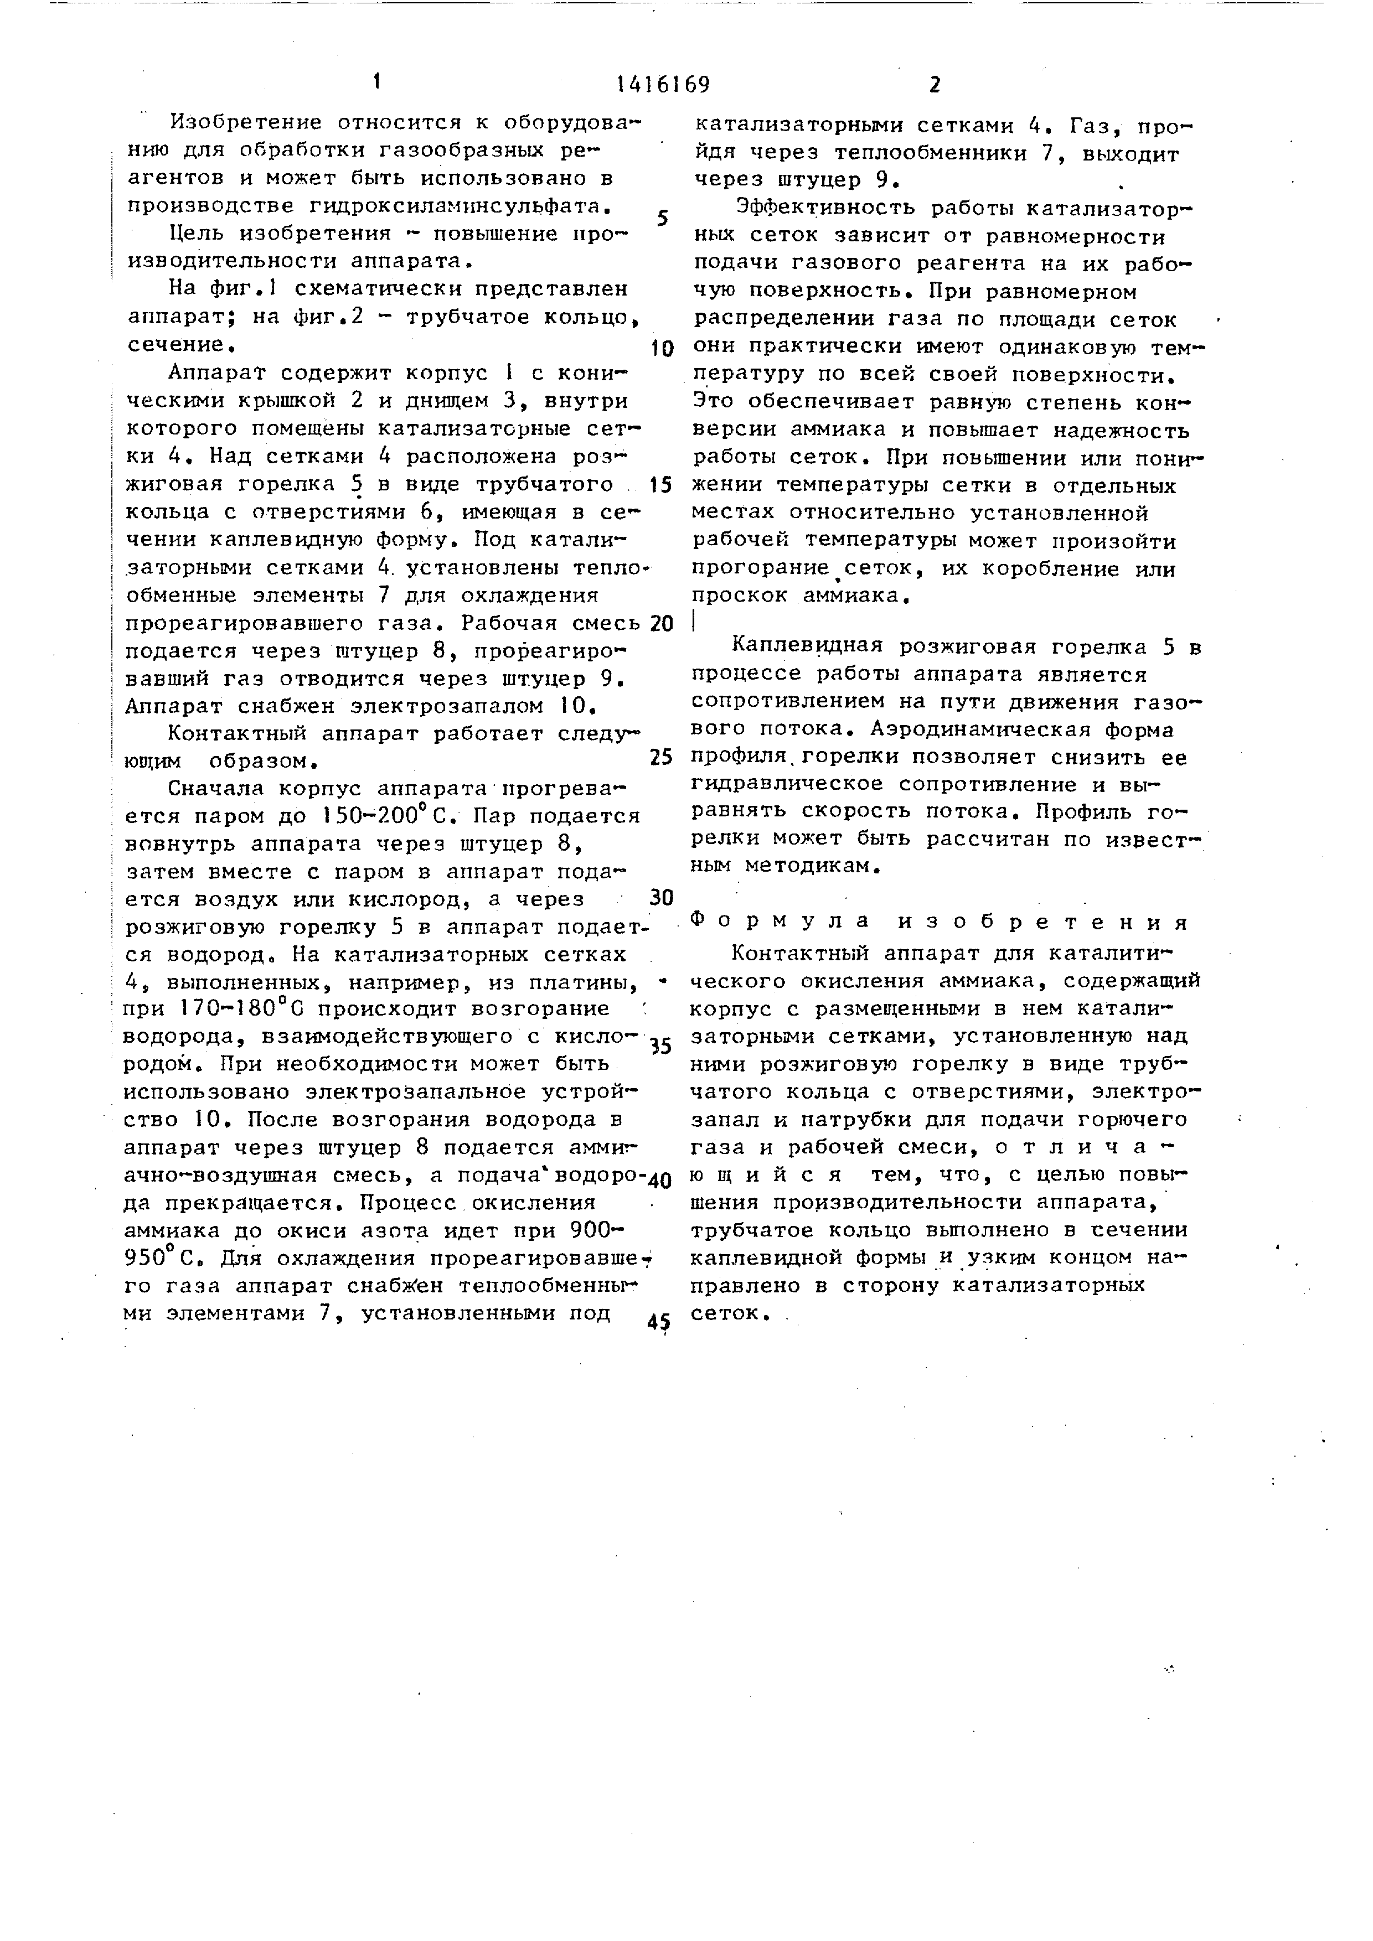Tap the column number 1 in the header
click(377, 82)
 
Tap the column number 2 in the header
click(934, 85)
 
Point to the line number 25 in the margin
click(661, 757)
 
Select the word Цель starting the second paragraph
click(198, 234)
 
